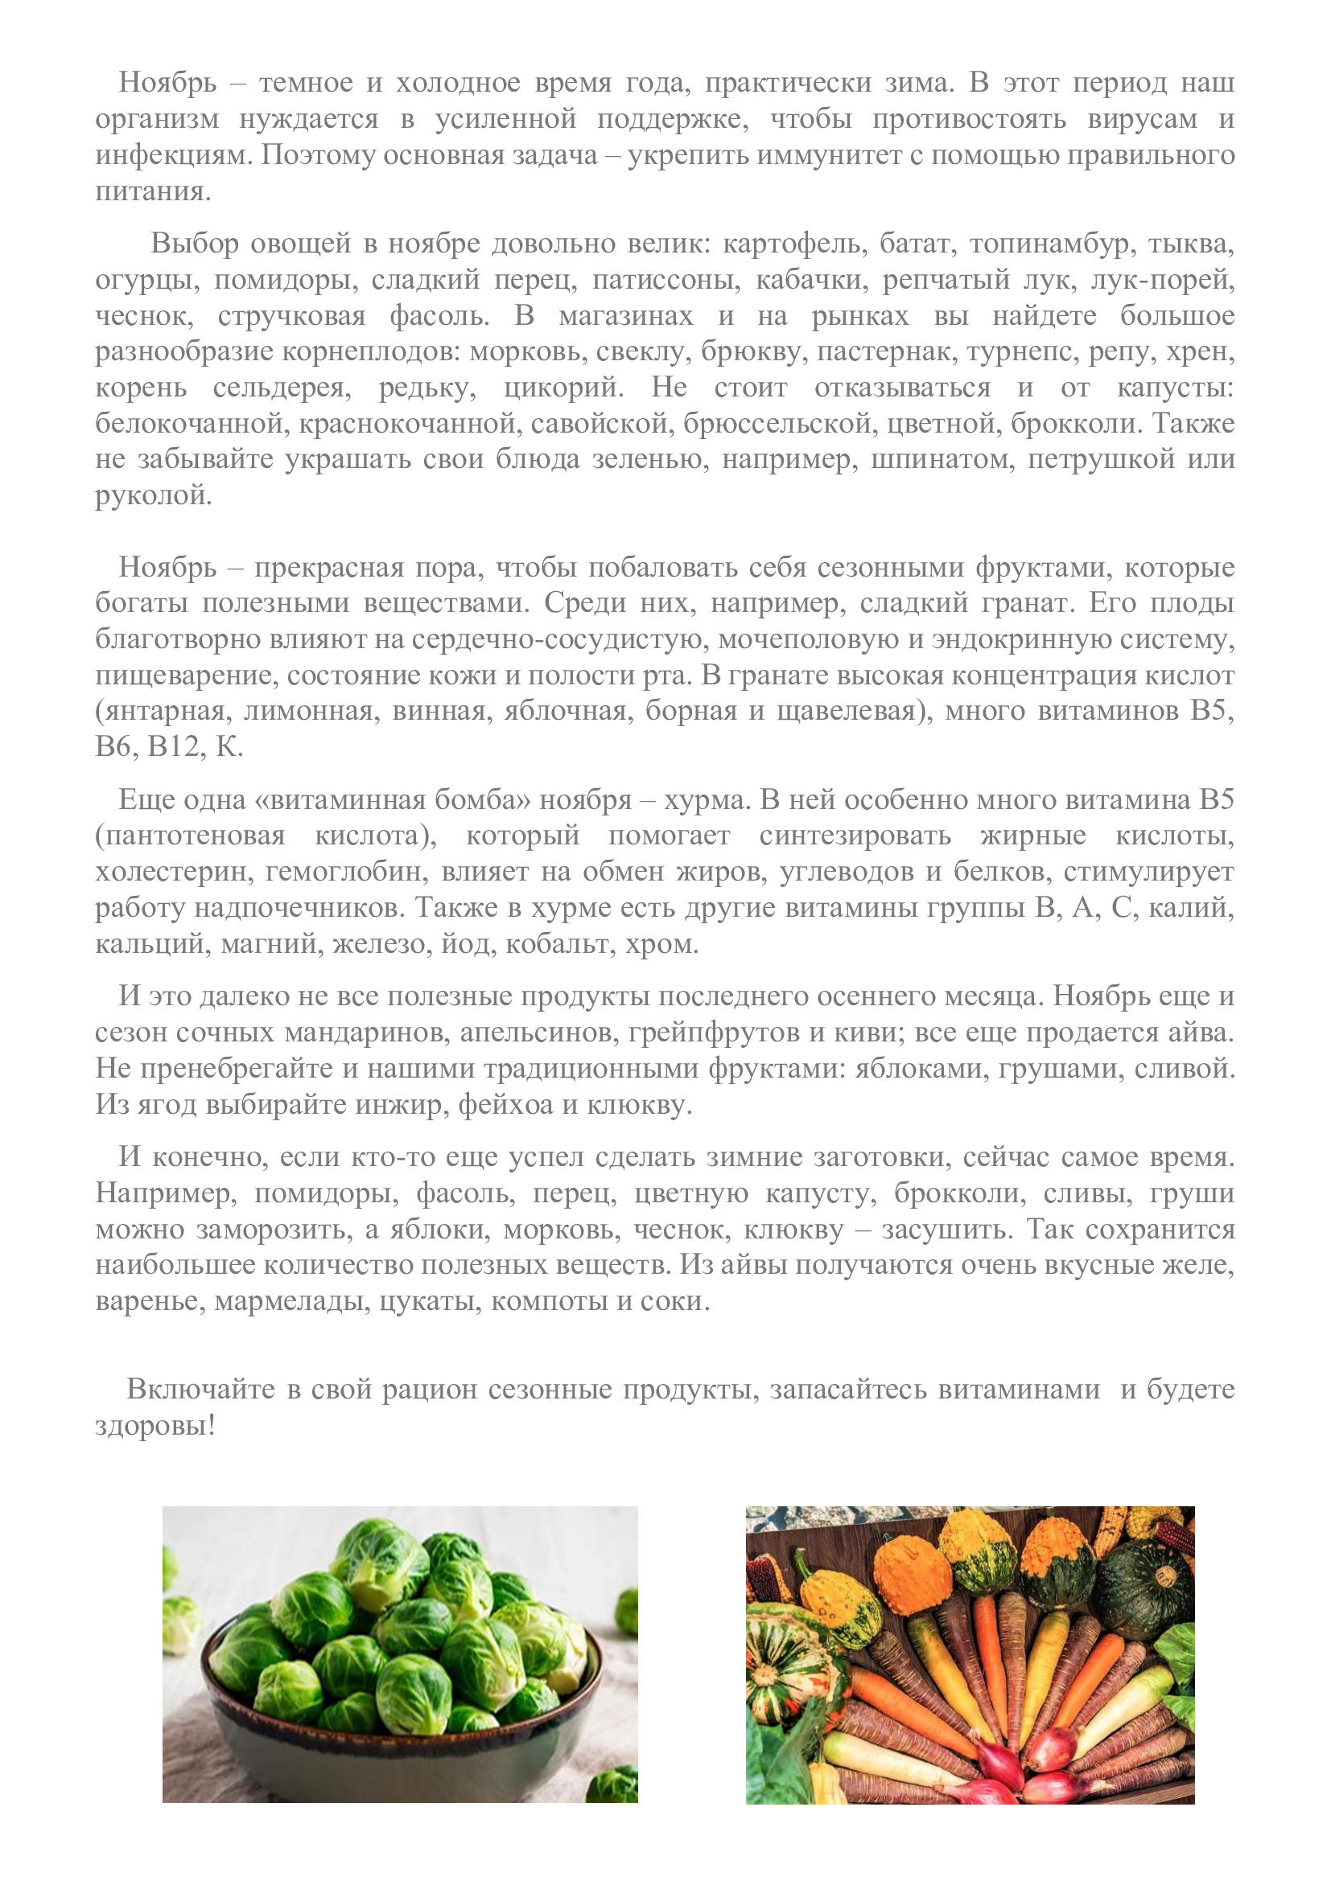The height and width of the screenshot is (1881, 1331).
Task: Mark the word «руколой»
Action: (153, 495)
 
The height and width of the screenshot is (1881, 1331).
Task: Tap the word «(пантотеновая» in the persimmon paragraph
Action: (190, 836)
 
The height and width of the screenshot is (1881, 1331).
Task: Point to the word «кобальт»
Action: (558, 944)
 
